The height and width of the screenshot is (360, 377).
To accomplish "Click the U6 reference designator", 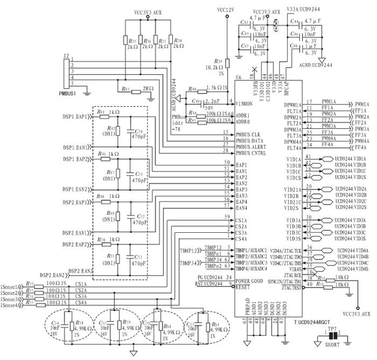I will pyautogui.click(x=238, y=76).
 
